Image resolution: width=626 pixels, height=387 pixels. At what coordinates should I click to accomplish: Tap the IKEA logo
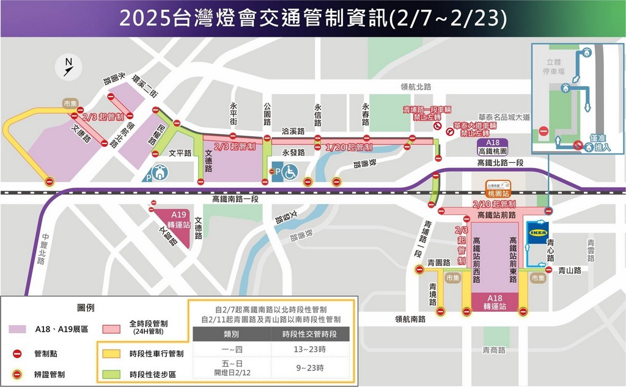pos(539,232)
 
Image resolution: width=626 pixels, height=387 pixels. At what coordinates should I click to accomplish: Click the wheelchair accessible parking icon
pos(289,172)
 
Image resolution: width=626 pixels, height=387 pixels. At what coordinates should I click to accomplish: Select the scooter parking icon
pos(160,173)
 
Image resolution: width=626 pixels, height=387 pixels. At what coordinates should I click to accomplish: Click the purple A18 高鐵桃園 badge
pos(492,147)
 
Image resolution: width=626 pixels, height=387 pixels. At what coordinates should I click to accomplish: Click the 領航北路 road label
pos(415,86)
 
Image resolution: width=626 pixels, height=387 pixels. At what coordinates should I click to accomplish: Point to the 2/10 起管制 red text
pos(494,204)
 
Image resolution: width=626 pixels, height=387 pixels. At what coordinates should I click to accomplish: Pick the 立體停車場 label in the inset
pos(553,66)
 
